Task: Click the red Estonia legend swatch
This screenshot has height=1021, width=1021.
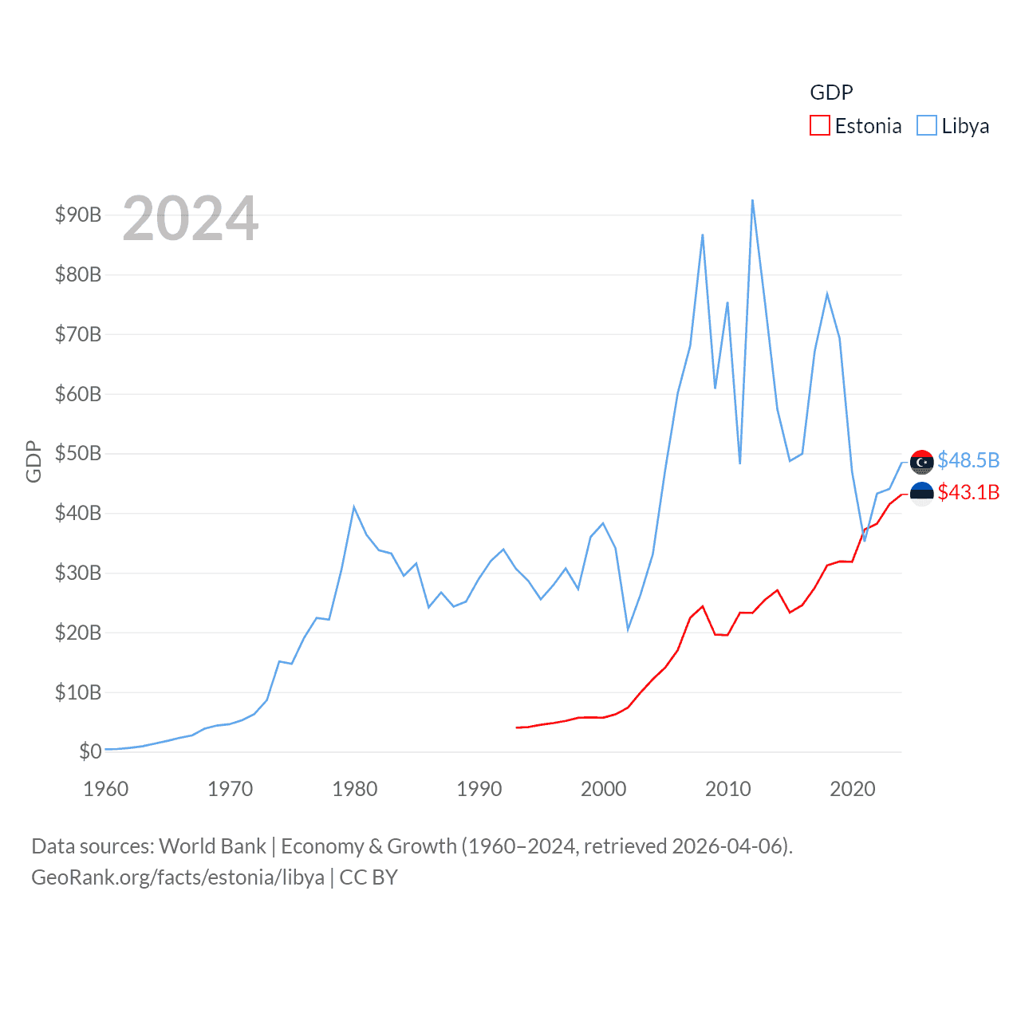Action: pyautogui.click(x=820, y=126)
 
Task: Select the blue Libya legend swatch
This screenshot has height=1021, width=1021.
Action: pyautogui.click(x=926, y=126)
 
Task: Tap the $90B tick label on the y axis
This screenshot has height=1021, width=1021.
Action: pyautogui.click(x=77, y=215)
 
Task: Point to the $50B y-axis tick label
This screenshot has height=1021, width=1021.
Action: pyautogui.click(x=77, y=454)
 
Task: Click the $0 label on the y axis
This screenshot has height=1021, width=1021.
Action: pyautogui.click(x=90, y=751)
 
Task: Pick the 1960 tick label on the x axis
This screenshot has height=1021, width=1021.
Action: pyautogui.click(x=106, y=790)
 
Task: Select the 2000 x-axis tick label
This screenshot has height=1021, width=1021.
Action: pyautogui.click(x=603, y=790)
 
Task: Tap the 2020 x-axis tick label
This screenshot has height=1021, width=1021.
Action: pyautogui.click(x=852, y=790)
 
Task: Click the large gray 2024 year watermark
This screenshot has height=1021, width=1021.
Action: pyautogui.click(x=190, y=219)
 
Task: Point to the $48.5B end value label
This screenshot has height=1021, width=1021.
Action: pyautogui.click(x=968, y=461)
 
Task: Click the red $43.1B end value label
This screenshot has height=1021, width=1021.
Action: pyautogui.click(x=968, y=493)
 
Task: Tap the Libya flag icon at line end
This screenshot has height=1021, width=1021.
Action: pyautogui.click(x=921, y=462)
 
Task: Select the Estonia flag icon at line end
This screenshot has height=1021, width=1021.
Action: pyautogui.click(x=921, y=494)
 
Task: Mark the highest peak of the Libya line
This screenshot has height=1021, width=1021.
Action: pyautogui.click(x=752, y=201)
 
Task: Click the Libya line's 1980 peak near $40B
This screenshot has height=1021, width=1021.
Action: pyautogui.click(x=353, y=507)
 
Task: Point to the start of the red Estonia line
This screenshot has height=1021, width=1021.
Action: pyautogui.click(x=517, y=727)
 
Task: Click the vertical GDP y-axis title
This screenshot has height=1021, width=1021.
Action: pyautogui.click(x=34, y=461)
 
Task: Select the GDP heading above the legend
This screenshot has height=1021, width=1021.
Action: pyautogui.click(x=831, y=93)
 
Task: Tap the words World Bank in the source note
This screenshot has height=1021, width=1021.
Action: pyautogui.click(x=212, y=846)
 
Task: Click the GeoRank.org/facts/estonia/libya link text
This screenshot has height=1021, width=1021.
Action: pyautogui.click(x=178, y=877)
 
